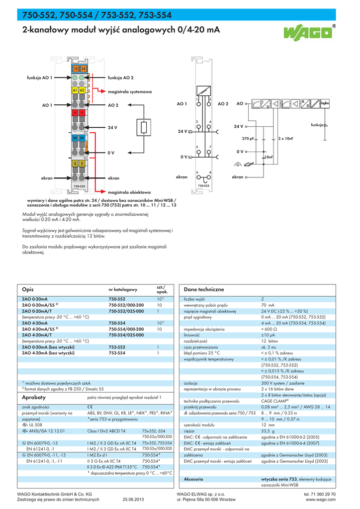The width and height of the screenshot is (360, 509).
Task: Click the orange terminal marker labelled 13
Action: [x=76, y=69]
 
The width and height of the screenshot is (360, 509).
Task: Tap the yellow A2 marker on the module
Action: [x=82, y=90]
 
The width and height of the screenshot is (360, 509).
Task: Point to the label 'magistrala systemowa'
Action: [x=130, y=92]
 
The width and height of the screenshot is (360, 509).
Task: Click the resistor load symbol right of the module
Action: [x=144, y=128]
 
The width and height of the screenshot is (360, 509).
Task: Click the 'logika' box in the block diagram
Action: [x=325, y=103]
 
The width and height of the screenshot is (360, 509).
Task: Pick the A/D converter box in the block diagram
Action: [x=304, y=104]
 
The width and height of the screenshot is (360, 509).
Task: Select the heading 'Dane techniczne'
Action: [x=204, y=289]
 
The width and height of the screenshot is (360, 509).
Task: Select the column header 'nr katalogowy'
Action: [x=123, y=289]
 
